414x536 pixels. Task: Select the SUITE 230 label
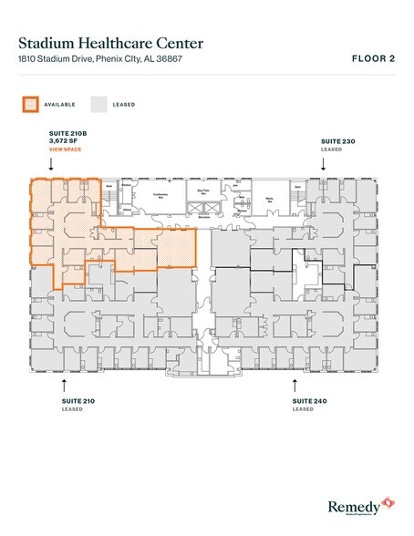coord(335,142)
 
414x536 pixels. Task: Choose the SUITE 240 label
coord(308,401)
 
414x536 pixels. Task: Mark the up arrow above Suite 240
coord(295,384)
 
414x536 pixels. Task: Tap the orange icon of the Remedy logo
coord(389,501)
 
